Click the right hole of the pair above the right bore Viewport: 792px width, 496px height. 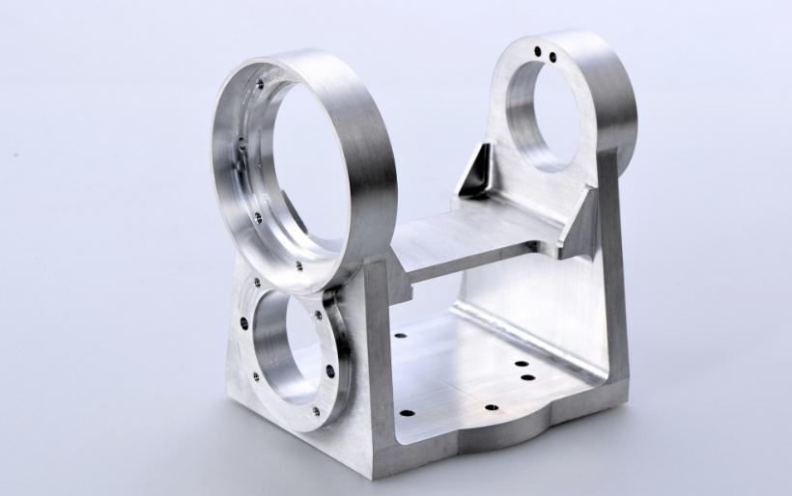tap(552, 56)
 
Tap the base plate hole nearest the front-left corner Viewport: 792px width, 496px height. tap(408, 413)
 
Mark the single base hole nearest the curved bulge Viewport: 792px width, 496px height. tap(491, 408)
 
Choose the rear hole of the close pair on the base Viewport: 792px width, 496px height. tap(521, 365)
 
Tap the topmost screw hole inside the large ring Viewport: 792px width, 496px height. tap(260, 85)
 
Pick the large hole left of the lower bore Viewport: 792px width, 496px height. tap(242, 324)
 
